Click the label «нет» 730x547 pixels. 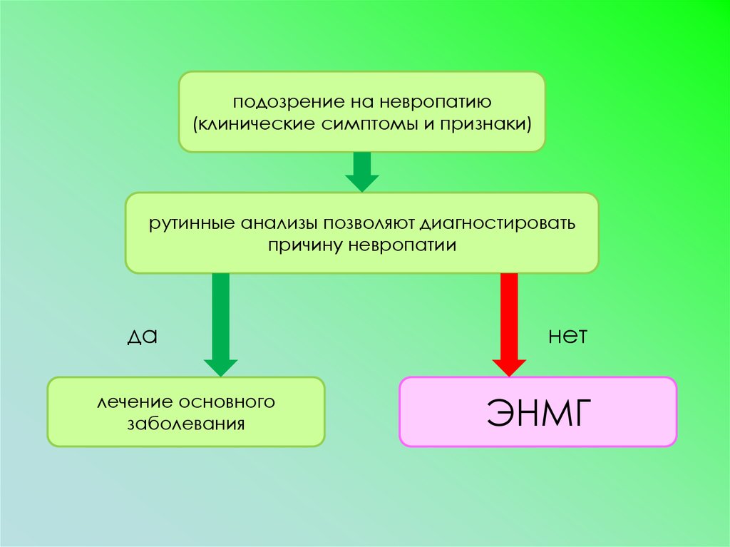(x=567, y=337)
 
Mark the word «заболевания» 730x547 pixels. (x=186, y=423)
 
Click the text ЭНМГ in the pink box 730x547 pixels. (x=538, y=411)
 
